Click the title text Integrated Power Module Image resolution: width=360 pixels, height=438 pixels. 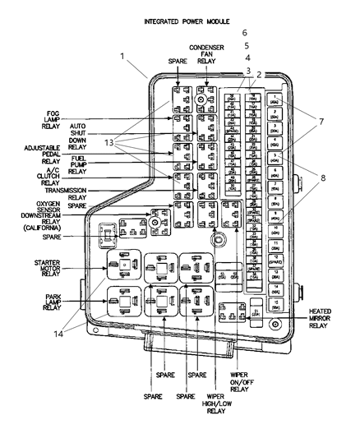pos(186,20)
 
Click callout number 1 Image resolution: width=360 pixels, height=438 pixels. pos(122,58)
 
